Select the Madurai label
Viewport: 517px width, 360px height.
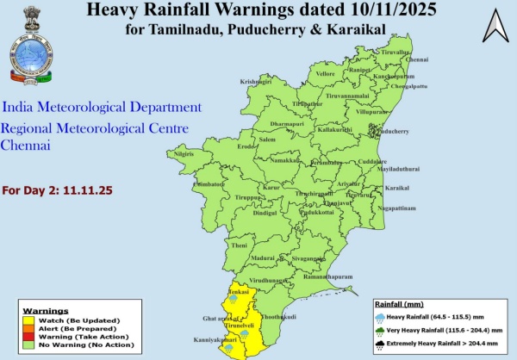(263, 258)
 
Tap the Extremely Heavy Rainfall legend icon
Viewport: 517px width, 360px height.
(382, 346)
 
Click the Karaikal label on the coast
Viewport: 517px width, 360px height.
(396, 188)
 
